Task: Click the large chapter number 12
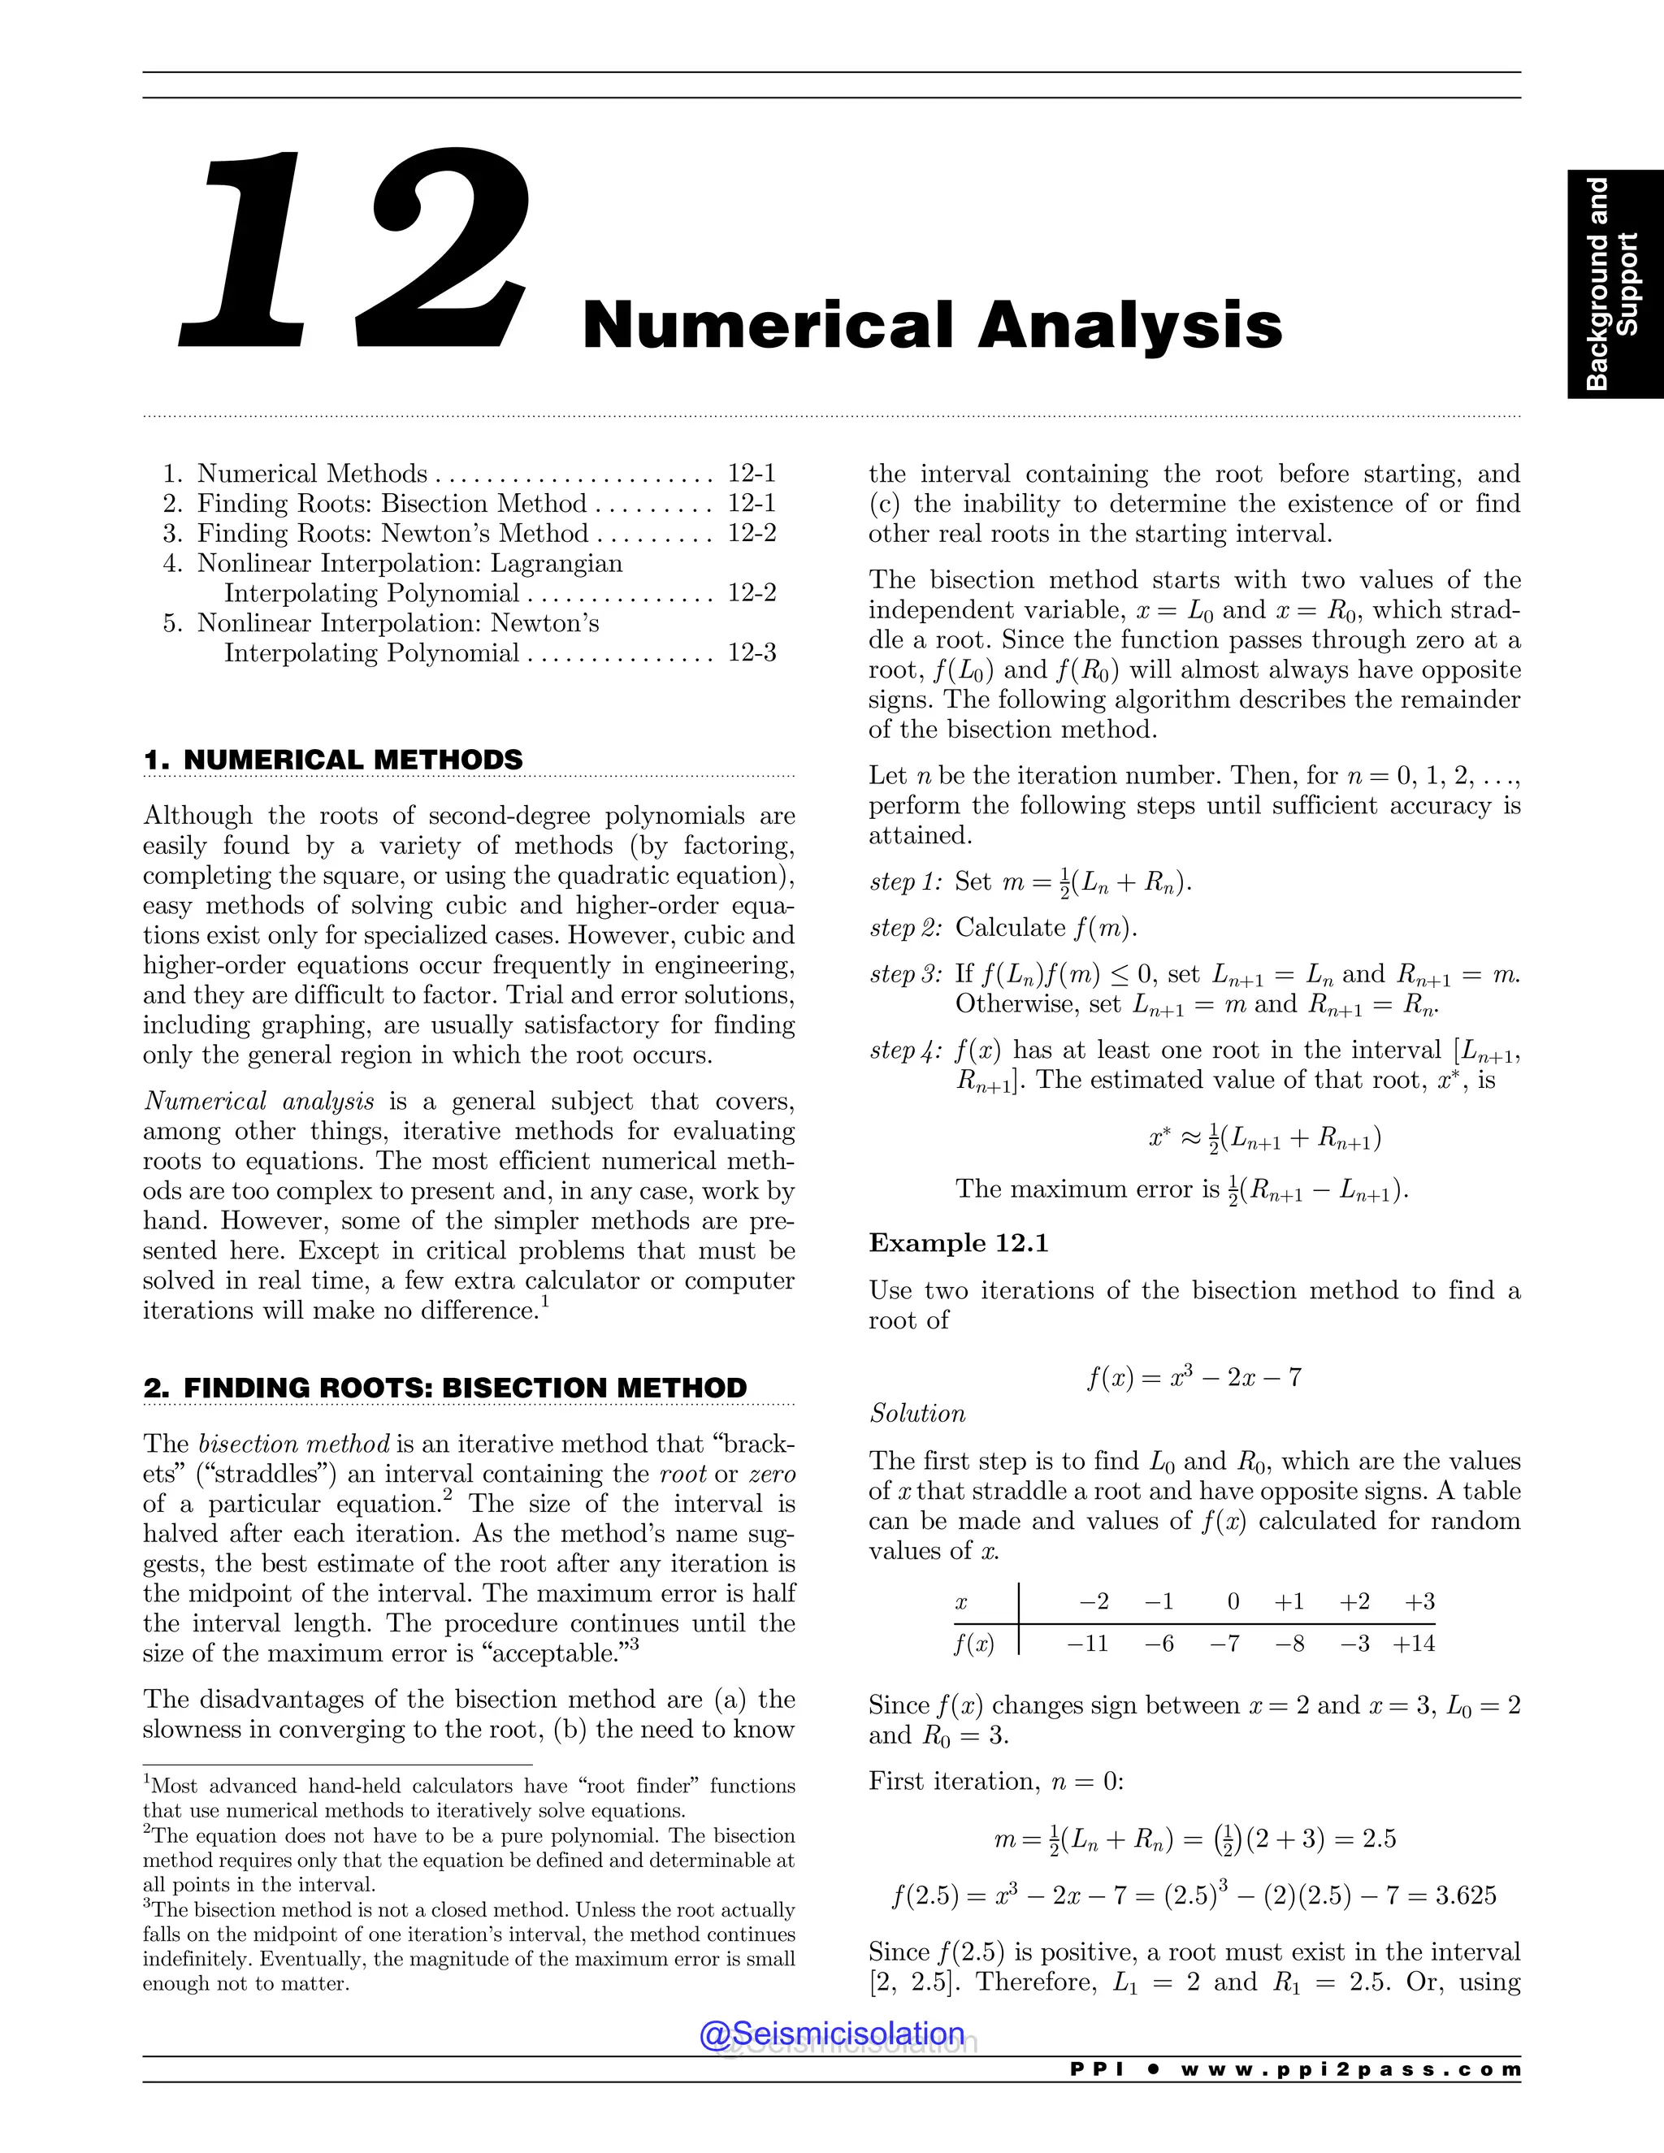click(355, 251)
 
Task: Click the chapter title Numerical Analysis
click(932, 324)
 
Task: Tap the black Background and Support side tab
click(1614, 284)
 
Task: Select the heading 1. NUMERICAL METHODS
click(333, 760)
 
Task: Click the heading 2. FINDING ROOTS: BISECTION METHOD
click(444, 1387)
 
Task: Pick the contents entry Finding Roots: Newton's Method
click(392, 533)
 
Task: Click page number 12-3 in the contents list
click(752, 652)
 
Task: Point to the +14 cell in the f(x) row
click(1414, 1644)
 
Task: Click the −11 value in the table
click(1088, 1644)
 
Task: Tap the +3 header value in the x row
click(1419, 1601)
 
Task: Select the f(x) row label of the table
click(974, 1644)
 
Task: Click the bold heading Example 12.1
click(958, 1243)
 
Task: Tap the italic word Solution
click(916, 1414)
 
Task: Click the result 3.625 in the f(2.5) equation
click(1466, 1895)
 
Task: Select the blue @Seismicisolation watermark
click(832, 2033)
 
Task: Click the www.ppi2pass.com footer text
click(1350, 2069)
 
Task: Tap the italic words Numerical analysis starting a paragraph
click(258, 1101)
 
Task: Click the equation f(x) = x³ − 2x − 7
click(1194, 1377)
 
